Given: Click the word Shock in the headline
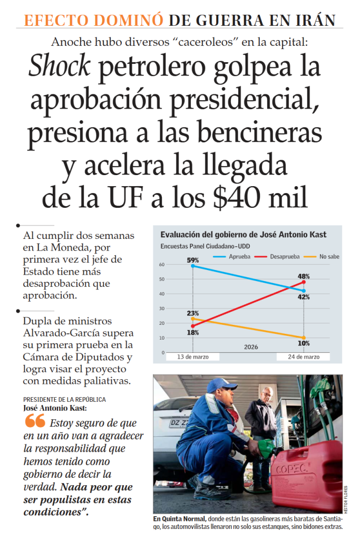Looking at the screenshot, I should click(59, 67).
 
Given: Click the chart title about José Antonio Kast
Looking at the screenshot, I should click(243, 235).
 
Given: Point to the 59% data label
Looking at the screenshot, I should click(192, 260).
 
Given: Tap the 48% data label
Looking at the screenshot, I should click(304, 276).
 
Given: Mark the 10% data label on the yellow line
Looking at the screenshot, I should click(304, 343).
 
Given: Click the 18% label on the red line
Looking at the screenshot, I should click(192, 332).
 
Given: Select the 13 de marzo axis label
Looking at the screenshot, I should click(192, 357).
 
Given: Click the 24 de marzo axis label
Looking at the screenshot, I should click(304, 357).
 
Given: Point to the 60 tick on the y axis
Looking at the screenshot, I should click(161, 265).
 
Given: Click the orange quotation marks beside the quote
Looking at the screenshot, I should click(35, 421).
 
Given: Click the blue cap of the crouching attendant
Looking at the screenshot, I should click(220, 385).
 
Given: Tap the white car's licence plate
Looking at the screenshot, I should click(179, 423).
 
